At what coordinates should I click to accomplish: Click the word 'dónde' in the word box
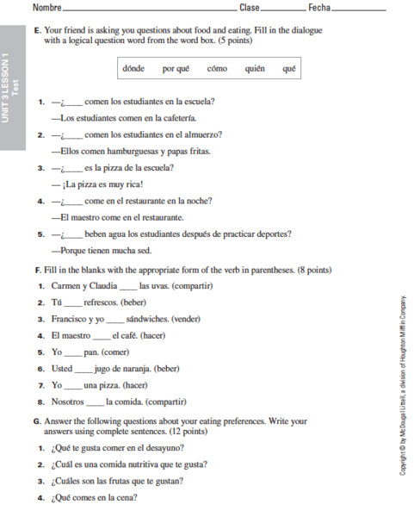tap(133, 68)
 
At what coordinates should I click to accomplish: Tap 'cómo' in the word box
tap(217, 68)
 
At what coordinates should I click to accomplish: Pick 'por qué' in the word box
tap(176, 68)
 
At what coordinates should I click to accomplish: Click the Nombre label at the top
tap(46, 8)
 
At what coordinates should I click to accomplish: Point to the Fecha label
tap(318, 8)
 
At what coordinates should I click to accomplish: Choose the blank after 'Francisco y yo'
tap(114, 319)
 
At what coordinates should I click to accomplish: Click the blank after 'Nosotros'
tap(96, 402)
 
